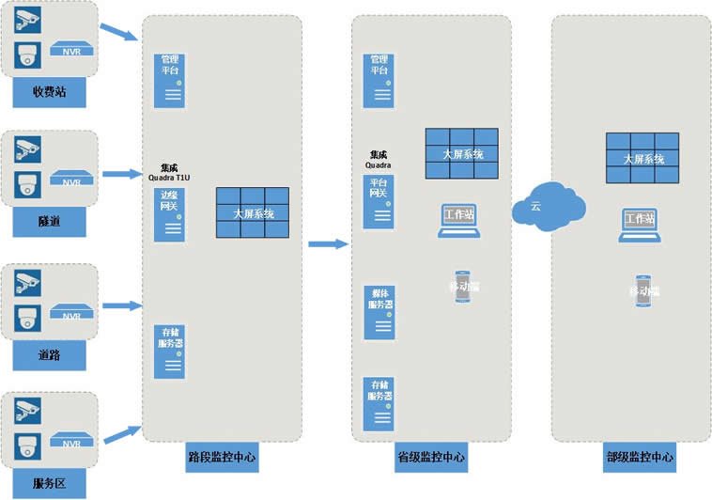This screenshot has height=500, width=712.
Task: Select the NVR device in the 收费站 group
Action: pyautogui.click(x=72, y=49)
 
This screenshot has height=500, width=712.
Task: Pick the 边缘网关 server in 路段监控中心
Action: pyautogui.click(x=170, y=212)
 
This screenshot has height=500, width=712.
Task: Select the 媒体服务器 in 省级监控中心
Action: pyautogui.click(x=379, y=310)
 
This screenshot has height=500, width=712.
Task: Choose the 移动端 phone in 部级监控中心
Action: pyautogui.click(x=643, y=289)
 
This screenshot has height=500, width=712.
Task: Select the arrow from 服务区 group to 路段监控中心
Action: pyautogui.click(x=120, y=434)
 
